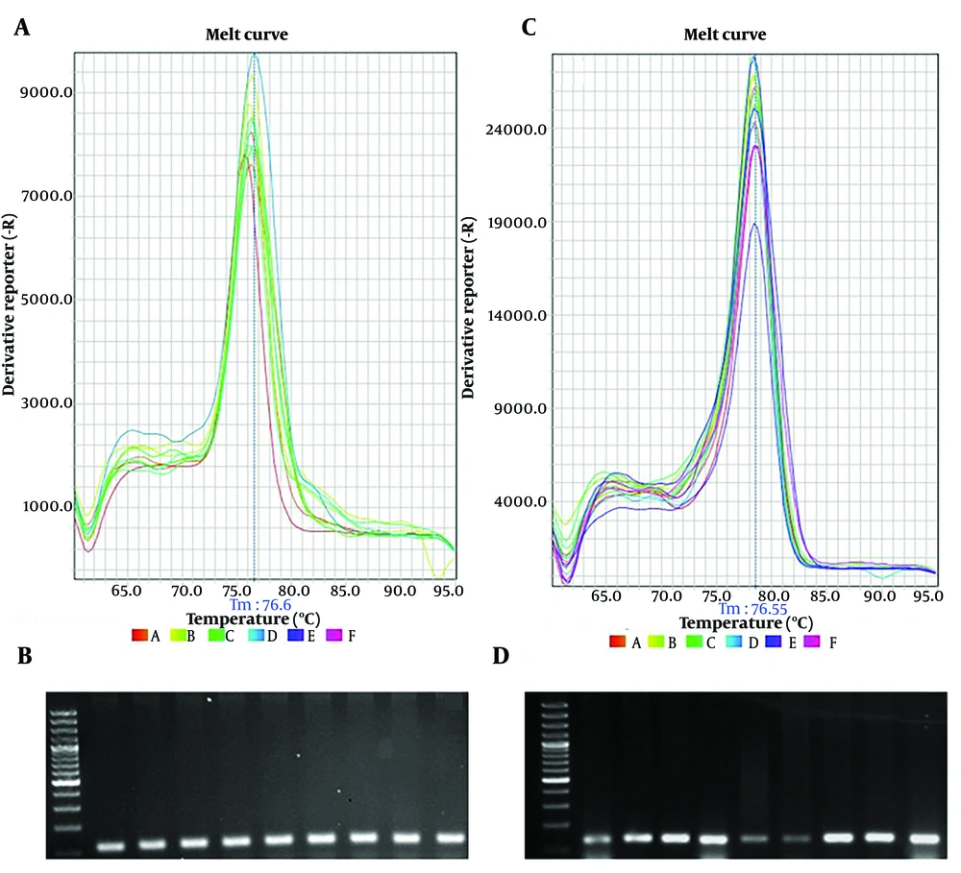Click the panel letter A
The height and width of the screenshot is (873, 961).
click(x=21, y=29)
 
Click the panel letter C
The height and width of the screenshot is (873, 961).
click(x=528, y=27)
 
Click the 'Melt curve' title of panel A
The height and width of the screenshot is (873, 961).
click(x=246, y=36)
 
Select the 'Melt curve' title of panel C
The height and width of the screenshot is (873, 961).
click(x=725, y=36)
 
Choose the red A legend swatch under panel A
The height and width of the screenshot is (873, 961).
click(x=138, y=635)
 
